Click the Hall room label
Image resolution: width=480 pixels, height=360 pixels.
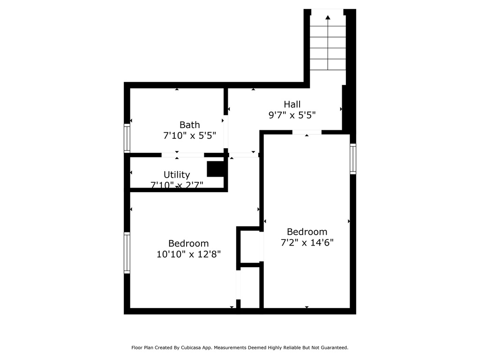coord(292,104)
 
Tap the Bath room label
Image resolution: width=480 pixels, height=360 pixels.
coord(189,125)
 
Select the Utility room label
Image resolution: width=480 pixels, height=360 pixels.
coord(177,175)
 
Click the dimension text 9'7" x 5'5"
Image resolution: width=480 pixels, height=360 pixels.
coord(292,115)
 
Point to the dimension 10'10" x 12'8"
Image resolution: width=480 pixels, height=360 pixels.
coord(188,255)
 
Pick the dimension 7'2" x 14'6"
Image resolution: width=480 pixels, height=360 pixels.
coord(307,242)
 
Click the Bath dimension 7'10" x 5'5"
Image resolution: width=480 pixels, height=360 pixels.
coord(189,136)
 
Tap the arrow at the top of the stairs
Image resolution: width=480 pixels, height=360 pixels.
coord(328,17)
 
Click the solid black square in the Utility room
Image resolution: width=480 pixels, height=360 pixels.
coord(215,169)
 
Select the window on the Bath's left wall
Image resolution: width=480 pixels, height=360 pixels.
coord(127,138)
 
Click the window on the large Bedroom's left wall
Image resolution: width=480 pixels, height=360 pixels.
coord(127,253)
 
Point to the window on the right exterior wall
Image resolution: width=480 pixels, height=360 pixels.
coord(353,159)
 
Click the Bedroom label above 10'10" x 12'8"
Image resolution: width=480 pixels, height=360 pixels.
coord(188,243)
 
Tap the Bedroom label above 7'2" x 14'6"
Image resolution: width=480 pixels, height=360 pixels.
coord(307,232)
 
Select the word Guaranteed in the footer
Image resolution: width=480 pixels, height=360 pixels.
coord(331,348)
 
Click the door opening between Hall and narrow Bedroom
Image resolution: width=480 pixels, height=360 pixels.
coord(307,132)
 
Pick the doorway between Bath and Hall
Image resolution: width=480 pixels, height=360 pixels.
coord(226,132)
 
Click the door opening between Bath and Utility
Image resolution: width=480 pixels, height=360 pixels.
coord(183,155)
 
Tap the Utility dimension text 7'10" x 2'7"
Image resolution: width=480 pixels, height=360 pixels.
coord(177,185)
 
